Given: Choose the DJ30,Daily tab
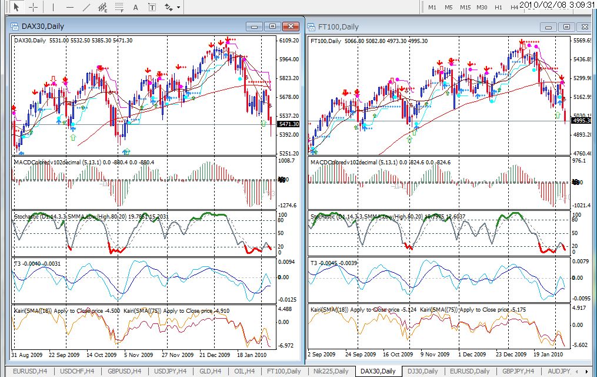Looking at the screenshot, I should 422,371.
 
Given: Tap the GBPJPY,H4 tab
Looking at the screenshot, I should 517,371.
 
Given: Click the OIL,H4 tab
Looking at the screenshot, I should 242,371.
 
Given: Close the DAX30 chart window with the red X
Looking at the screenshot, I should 291,27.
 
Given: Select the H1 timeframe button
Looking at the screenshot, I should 498,7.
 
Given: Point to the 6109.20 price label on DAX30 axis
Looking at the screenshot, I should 289,41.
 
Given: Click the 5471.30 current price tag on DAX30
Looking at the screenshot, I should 288,124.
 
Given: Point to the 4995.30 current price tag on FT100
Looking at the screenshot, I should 583,120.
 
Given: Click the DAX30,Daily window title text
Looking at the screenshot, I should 43,27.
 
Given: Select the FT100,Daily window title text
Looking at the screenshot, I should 338,27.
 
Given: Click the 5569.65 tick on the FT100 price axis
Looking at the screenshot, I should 583,41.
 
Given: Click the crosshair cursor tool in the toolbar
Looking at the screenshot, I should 34,7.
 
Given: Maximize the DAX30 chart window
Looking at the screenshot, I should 272,27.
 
